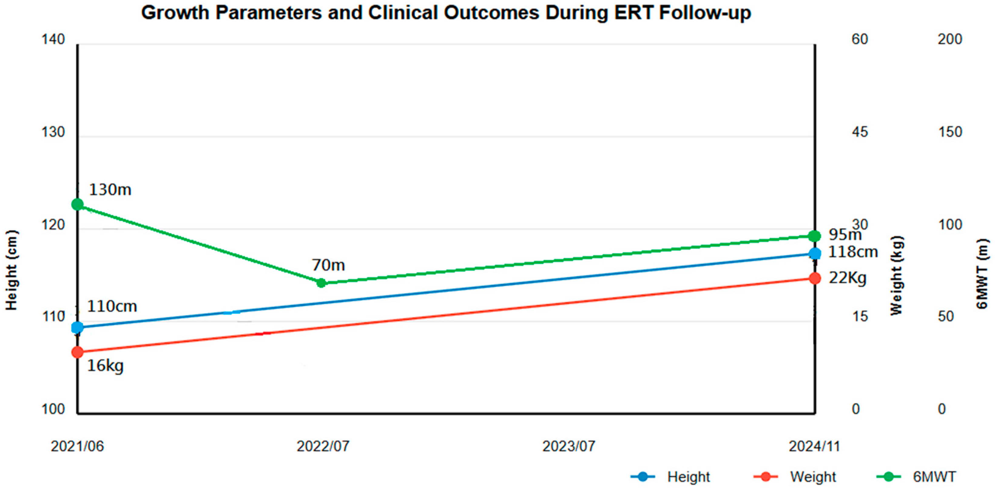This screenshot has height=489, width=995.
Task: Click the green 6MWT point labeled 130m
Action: pyautogui.click(x=78, y=204)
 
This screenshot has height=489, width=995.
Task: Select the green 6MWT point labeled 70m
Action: pyautogui.click(x=321, y=283)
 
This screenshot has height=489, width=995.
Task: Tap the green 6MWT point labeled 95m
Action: pyautogui.click(x=815, y=236)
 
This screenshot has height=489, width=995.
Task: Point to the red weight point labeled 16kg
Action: pyautogui.click(x=78, y=352)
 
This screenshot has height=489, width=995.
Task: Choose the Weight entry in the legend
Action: pyautogui.click(x=795, y=477)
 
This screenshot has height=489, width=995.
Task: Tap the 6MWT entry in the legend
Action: pyautogui.click(x=916, y=477)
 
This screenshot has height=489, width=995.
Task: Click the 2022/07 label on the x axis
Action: pyautogui.click(x=323, y=446)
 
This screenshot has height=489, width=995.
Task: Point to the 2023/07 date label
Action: pyautogui.click(x=568, y=446)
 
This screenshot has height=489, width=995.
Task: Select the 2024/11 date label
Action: pyautogui.click(x=814, y=446)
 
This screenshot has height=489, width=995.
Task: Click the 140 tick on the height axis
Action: pyautogui.click(x=53, y=39)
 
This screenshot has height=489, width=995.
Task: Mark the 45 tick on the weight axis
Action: pyautogui.click(x=860, y=132)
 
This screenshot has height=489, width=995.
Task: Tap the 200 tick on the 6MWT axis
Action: pyautogui.click(x=950, y=39)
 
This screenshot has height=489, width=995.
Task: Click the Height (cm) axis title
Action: pyautogui.click(x=12, y=270)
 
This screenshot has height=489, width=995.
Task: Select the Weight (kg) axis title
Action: pyautogui.click(x=897, y=275)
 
